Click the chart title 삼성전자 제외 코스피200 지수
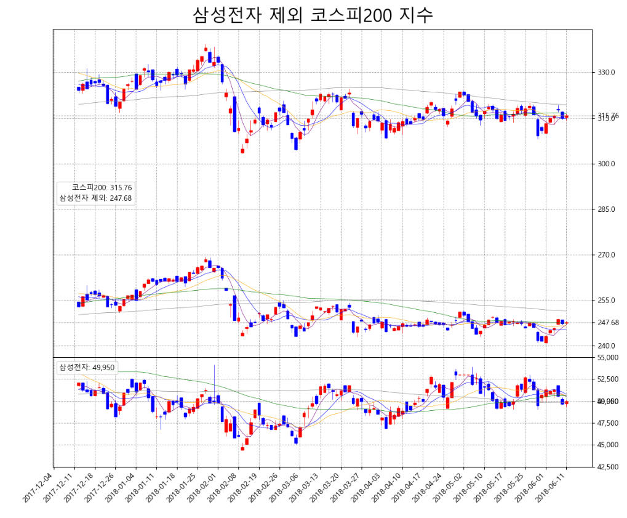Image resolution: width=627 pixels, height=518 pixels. pos(313,15)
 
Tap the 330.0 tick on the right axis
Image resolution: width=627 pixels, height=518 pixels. pos(607,73)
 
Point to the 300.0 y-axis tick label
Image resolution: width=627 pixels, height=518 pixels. pos(607,164)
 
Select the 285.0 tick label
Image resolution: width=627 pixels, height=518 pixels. pos(607,209)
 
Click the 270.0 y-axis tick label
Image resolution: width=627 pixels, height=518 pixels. pos(607,255)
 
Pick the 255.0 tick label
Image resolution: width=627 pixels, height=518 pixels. pos(607,301)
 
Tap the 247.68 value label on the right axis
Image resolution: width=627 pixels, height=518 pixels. pos(609,323)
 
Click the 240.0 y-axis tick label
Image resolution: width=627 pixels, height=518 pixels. pos(607,346)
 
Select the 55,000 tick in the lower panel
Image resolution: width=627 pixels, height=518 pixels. pos(608,358)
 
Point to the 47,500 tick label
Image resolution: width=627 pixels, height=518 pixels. pos(608,424)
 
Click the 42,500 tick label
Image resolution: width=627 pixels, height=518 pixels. pos(608,467)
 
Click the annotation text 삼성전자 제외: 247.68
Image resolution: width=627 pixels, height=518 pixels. pos(95,198)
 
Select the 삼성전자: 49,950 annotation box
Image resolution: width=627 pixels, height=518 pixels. pos(86,368)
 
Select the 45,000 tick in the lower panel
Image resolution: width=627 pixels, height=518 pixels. pos(608,445)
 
